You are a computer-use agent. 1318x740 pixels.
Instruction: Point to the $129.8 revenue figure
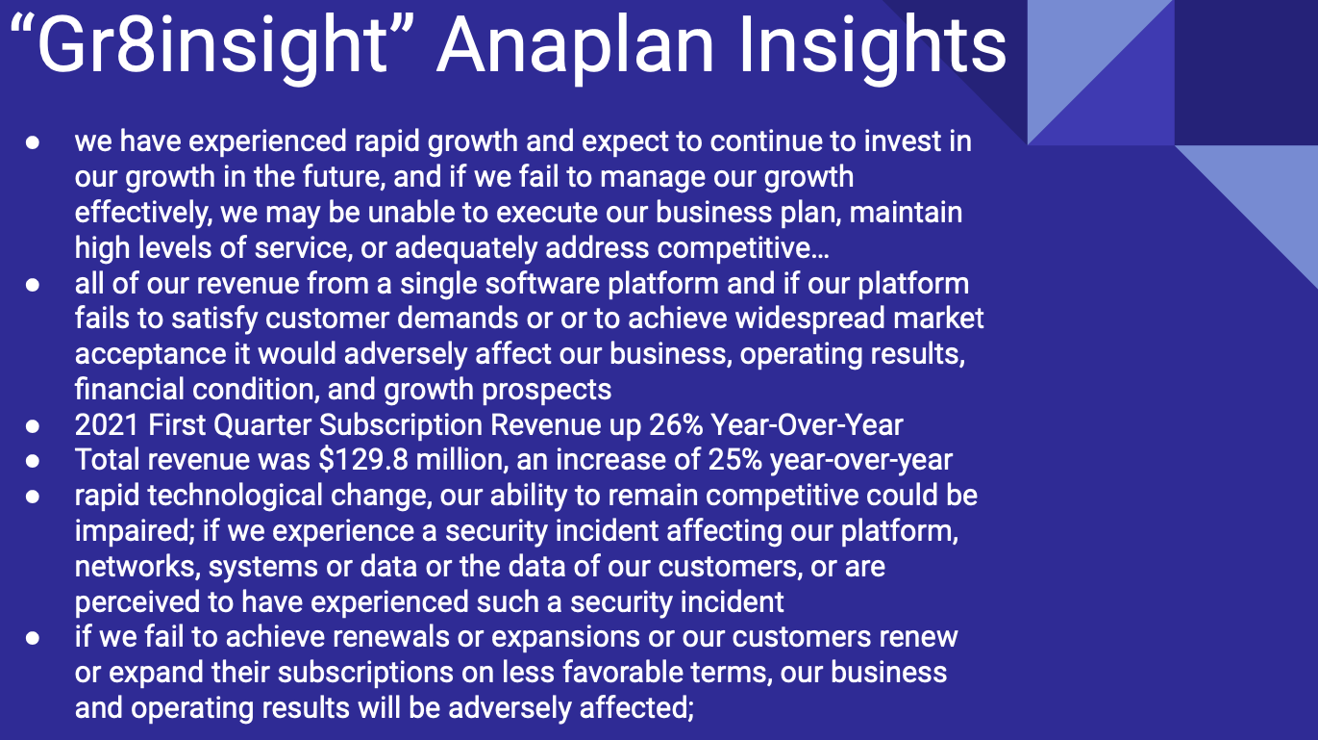[x=363, y=460]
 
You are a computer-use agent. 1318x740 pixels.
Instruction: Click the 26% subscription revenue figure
[x=676, y=424]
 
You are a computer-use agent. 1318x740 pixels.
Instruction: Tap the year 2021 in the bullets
[x=107, y=424]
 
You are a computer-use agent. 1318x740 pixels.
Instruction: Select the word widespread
[x=810, y=319]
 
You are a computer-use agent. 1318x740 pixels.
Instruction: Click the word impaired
[x=135, y=531]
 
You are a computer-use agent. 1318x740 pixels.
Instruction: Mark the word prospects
[x=547, y=390]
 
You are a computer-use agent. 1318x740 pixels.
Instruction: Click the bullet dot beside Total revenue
[x=33, y=461]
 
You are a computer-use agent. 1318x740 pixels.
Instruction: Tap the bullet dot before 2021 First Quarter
[x=33, y=426]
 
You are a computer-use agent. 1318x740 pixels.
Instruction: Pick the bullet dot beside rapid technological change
[x=33, y=497]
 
